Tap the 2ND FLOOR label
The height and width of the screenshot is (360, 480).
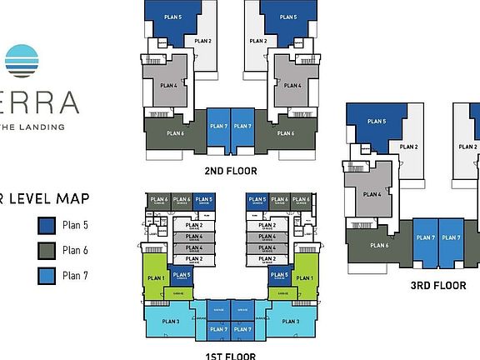[x=231, y=171]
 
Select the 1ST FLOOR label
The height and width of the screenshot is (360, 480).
[x=231, y=354]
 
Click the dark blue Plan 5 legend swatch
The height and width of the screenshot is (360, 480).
[x=47, y=225]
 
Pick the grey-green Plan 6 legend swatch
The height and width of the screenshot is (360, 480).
[x=47, y=250]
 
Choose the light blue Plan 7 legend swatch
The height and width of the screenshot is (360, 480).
[x=47, y=276]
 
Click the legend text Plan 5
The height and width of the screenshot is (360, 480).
[x=75, y=225]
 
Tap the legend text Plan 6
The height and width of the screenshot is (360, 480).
[x=75, y=250]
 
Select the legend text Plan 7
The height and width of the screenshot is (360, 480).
[x=75, y=276]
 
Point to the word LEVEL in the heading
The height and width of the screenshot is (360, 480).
[x=32, y=197]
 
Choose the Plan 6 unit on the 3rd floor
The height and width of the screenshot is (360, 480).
[x=379, y=245]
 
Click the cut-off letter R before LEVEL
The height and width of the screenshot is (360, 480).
[x=3, y=197]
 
